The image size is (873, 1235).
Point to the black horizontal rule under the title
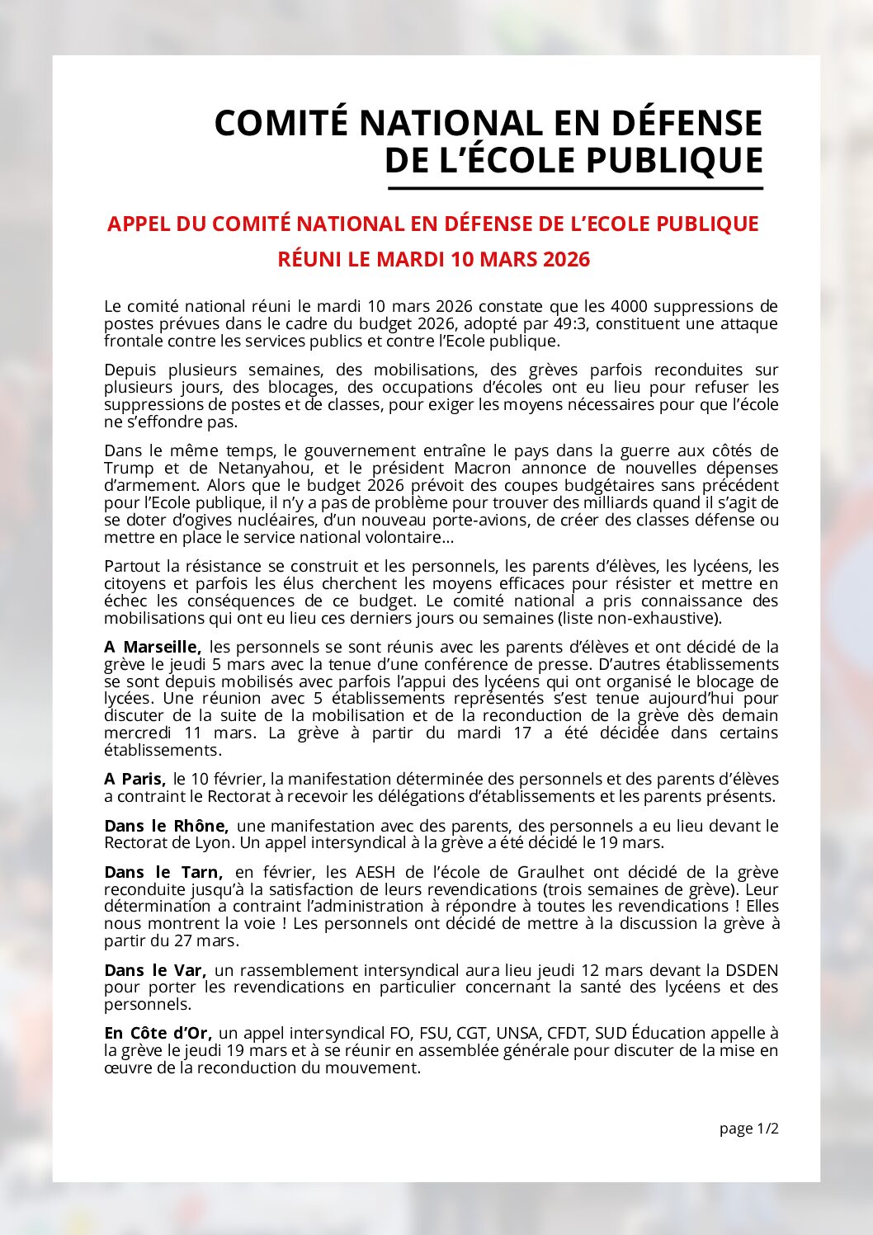coord(575,189)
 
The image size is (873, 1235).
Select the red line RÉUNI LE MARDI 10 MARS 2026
coord(434,259)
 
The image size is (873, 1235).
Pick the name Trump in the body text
coord(129,468)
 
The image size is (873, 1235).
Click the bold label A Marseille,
coord(153,647)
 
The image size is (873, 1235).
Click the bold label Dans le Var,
coord(155,970)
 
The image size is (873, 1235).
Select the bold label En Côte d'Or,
coord(158,1033)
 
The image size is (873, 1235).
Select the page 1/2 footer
coord(748,1129)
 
